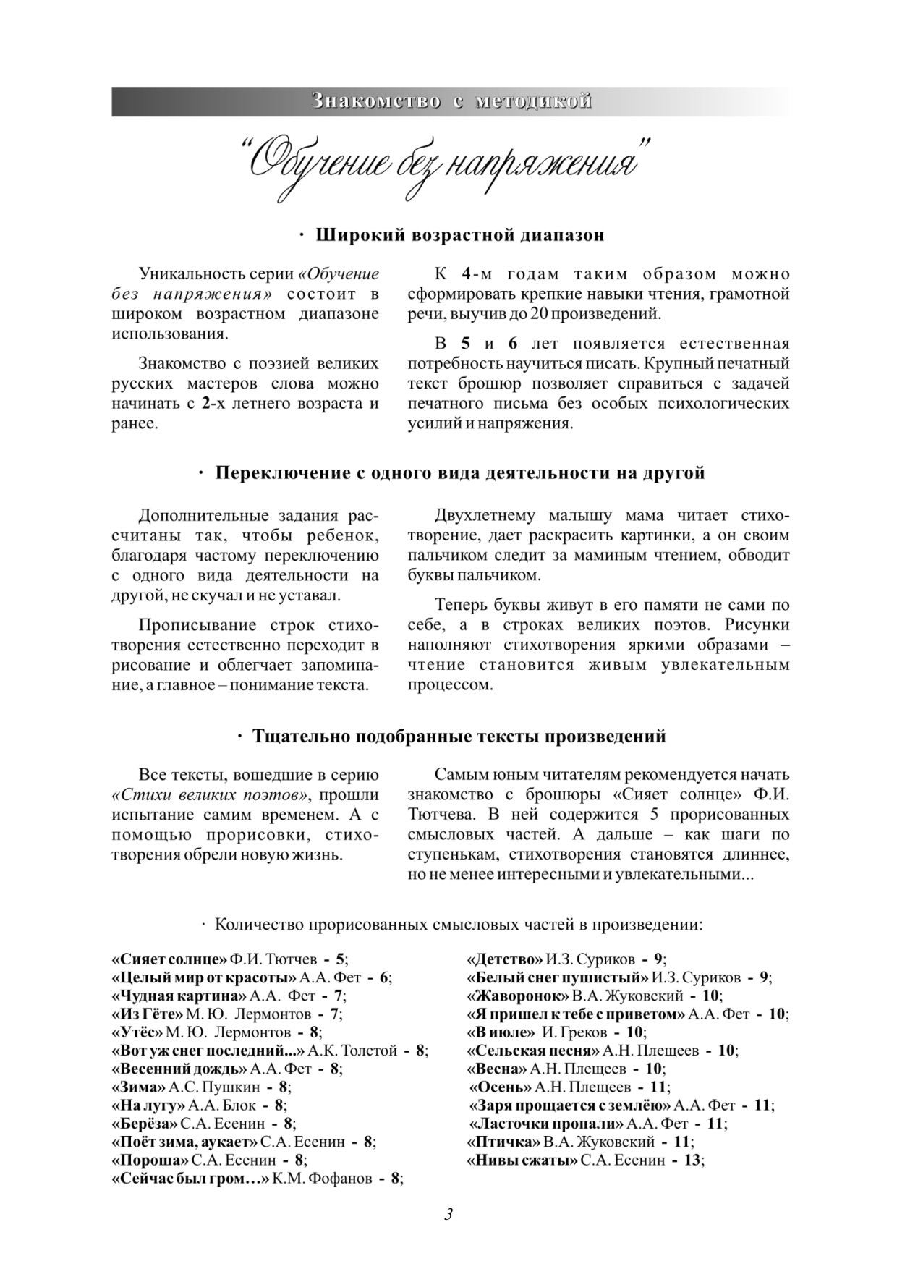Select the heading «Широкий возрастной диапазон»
[x=460, y=235]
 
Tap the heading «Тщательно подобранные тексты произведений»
[x=459, y=737]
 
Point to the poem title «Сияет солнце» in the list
[x=169, y=959]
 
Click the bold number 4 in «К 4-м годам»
[x=467, y=275]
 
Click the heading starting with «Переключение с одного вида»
[x=460, y=473]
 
